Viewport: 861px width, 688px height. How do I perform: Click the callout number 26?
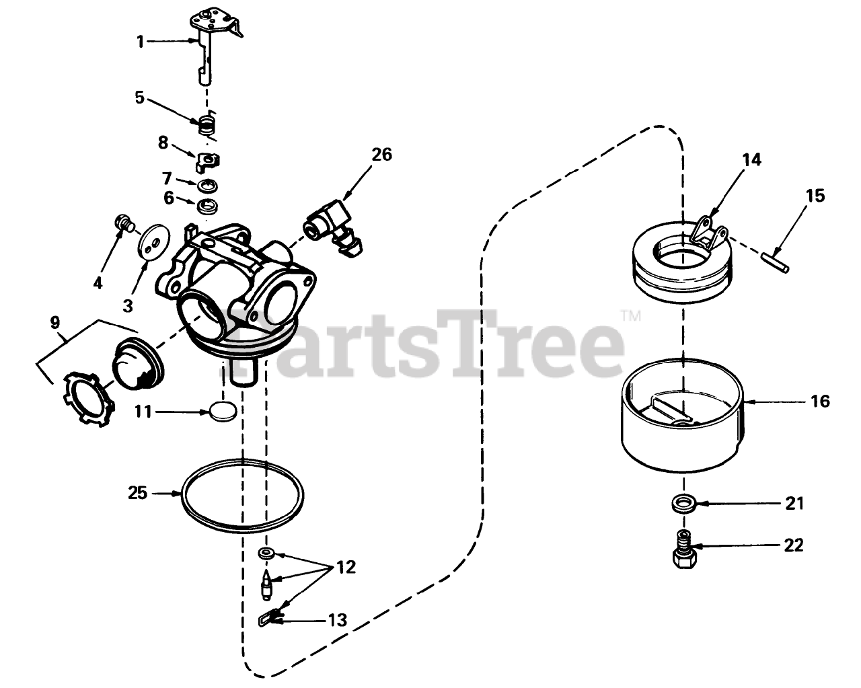click(381, 155)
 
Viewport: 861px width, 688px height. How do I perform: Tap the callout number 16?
click(820, 401)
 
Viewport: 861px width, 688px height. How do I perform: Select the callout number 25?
click(138, 493)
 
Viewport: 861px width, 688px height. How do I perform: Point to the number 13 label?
click(338, 620)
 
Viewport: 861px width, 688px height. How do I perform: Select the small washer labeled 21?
click(684, 503)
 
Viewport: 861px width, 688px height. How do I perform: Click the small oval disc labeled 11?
click(223, 411)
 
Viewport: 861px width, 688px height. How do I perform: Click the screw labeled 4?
click(124, 223)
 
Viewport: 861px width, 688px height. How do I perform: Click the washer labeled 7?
click(208, 186)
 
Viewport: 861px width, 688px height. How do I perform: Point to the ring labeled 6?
click(208, 206)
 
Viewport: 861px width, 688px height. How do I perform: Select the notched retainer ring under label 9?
click(89, 399)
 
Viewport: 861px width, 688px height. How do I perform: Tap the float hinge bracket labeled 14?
click(708, 235)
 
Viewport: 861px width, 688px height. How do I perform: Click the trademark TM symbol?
click(632, 315)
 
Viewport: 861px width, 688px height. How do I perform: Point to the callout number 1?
click(140, 42)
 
